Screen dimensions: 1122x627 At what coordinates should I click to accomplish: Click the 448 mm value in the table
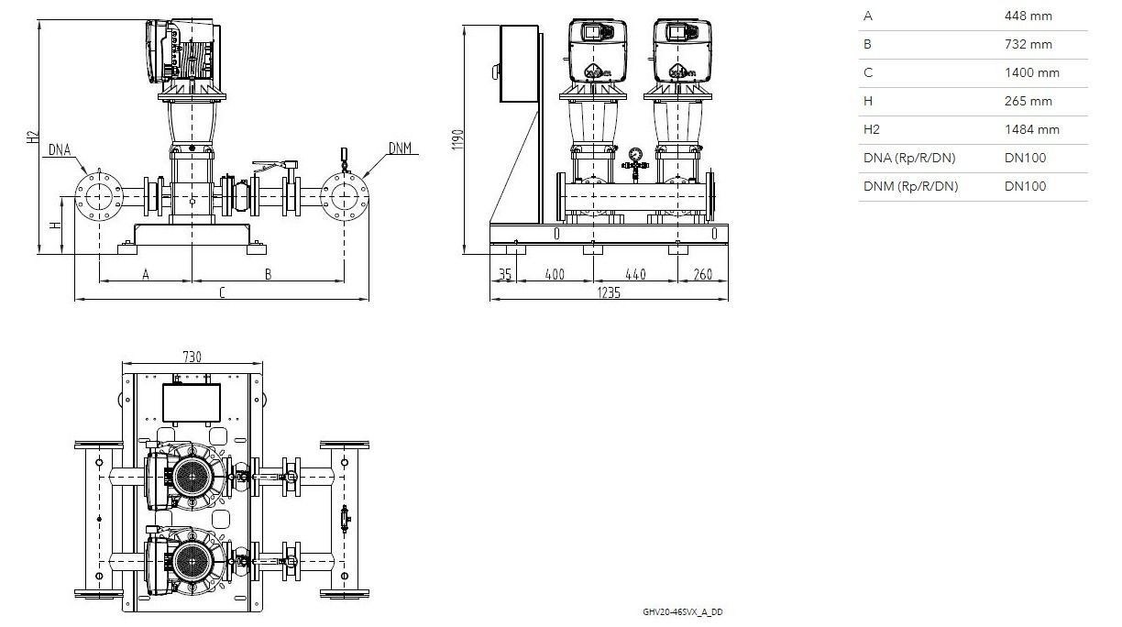point(1028,16)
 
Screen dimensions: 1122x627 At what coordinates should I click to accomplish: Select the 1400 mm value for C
point(1032,72)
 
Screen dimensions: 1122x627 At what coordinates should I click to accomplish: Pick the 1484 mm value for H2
point(1032,129)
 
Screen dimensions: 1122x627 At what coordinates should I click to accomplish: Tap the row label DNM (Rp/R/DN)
point(910,186)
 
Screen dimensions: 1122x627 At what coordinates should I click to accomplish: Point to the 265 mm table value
point(1028,101)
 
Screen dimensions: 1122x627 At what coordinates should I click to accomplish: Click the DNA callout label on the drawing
point(60,149)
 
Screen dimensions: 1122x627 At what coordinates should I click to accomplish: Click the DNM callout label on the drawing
point(400,148)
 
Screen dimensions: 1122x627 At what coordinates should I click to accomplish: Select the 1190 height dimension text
point(457,139)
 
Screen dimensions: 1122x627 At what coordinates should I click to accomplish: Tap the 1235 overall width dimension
point(609,292)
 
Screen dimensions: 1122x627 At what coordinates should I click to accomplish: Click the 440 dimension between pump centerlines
point(635,274)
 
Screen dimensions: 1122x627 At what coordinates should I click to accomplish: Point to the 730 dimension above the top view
point(192,357)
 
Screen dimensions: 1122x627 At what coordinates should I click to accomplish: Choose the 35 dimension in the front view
point(505,274)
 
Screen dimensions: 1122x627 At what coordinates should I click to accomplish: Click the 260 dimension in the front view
point(703,274)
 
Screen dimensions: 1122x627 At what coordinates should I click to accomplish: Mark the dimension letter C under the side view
point(223,292)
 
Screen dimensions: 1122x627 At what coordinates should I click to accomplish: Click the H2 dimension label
point(33,137)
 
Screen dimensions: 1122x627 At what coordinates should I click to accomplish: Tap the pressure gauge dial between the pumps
point(635,154)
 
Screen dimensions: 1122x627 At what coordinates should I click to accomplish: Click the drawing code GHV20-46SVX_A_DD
point(683,612)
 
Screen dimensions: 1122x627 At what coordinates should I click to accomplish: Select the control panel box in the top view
point(192,402)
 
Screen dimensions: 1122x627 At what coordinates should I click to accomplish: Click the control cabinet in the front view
point(520,63)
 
